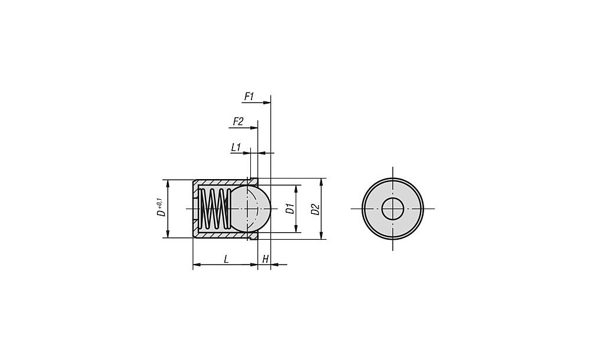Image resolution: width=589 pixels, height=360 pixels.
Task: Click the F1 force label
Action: tap(249, 97)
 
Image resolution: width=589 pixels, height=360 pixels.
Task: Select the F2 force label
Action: tap(238, 121)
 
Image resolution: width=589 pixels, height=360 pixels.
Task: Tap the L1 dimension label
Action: tap(236, 148)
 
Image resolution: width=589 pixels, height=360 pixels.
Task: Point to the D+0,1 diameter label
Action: tap(161, 209)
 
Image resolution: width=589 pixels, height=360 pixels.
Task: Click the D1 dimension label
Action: tap(290, 209)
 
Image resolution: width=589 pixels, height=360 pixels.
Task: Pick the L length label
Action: tap(226, 259)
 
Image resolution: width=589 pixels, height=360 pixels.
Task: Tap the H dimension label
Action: tap(266, 259)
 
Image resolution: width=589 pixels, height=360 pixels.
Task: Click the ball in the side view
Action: tap(251, 209)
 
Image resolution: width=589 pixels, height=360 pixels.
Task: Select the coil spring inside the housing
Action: tap(214, 209)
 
